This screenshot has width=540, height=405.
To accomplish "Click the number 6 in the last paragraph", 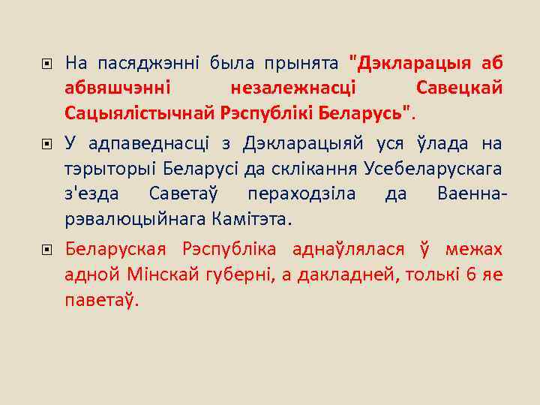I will point(470,274).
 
